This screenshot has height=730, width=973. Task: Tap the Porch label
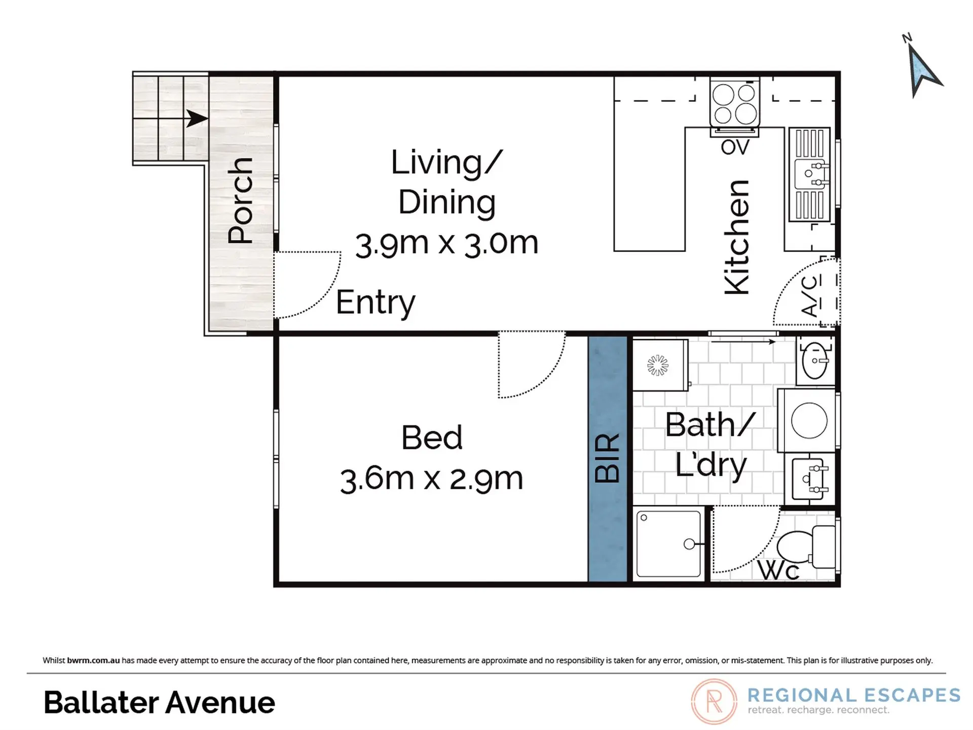click(x=240, y=200)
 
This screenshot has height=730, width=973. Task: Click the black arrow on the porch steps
click(x=197, y=118)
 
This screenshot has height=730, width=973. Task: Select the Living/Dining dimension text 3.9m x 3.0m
click(x=446, y=244)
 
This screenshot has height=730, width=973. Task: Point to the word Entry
click(x=376, y=302)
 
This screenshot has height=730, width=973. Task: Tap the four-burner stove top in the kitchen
click(x=735, y=104)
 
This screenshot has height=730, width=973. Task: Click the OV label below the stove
click(x=735, y=147)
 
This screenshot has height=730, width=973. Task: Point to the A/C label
click(x=810, y=296)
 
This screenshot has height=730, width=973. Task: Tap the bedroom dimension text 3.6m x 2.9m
click(x=431, y=479)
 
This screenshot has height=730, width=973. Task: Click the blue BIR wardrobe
click(x=608, y=458)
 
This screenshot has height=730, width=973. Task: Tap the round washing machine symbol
click(x=809, y=420)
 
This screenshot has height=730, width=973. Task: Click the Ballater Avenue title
click(x=159, y=703)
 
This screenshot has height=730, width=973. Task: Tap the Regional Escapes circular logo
click(x=714, y=702)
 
